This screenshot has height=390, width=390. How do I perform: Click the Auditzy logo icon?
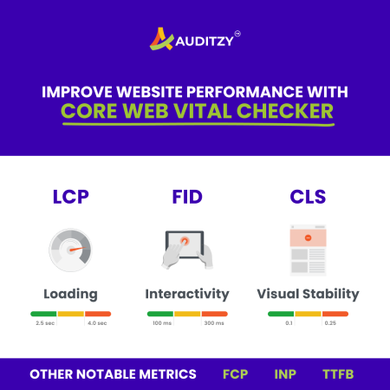(x=161, y=39)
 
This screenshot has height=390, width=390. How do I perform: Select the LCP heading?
(x=71, y=197)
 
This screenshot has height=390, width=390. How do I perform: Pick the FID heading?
(x=187, y=197)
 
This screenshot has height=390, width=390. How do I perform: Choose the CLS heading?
(x=308, y=197)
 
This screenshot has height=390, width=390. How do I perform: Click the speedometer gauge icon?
(x=70, y=250)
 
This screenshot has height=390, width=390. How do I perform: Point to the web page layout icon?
(x=309, y=250)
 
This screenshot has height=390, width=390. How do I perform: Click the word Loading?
(x=71, y=295)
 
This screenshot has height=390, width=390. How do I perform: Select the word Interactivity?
(x=187, y=294)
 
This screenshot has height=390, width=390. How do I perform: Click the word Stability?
(x=331, y=294)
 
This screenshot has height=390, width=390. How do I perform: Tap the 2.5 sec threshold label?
(x=45, y=323)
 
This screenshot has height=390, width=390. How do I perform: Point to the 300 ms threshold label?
(x=214, y=323)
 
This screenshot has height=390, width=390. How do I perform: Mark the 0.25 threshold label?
(x=330, y=323)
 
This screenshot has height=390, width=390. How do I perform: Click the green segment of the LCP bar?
(x=43, y=314)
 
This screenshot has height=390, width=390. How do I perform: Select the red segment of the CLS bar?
(x=335, y=314)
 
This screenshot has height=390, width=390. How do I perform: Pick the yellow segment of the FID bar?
(x=187, y=314)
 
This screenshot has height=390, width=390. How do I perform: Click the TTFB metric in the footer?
(x=338, y=374)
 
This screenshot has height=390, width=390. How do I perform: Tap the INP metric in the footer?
(x=285, y=374)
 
